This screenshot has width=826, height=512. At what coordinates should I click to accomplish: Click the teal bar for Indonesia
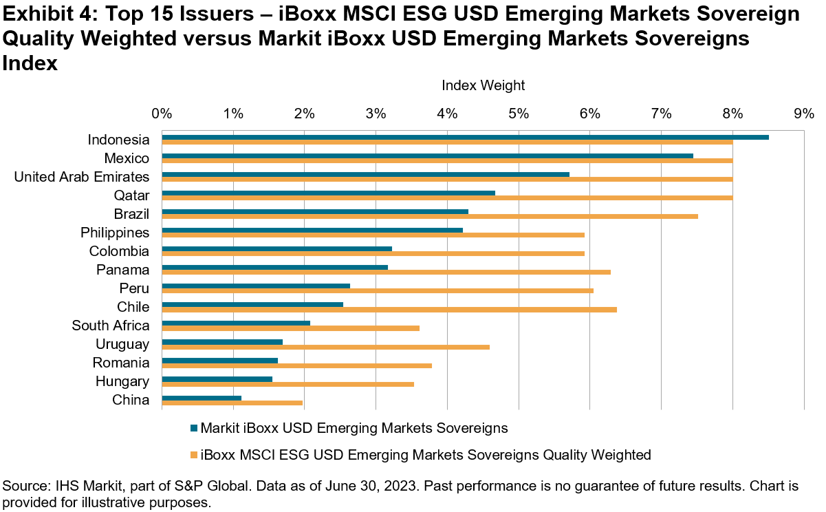tap(465, 138)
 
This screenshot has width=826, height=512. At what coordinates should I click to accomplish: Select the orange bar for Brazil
tap(430, 216)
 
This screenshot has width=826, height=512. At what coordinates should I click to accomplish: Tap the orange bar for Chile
tap(389, 309)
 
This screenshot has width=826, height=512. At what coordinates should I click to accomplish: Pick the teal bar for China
tap(202, 398)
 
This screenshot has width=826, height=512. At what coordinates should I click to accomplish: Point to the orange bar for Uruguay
tap(325, 346)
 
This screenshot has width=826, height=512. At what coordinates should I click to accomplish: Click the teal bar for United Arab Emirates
tap(365, 175)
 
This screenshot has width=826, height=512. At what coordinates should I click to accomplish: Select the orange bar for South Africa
tap(290, 328)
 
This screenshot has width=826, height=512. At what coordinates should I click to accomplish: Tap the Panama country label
tap(123, 270)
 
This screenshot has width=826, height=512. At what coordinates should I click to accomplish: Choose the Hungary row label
tap(122, 381)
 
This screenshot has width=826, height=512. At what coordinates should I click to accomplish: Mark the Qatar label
tap(133, 195)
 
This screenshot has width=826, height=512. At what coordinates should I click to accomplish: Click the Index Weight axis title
tap(483, 86)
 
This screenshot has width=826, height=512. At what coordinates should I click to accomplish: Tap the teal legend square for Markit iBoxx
tap(193, 428)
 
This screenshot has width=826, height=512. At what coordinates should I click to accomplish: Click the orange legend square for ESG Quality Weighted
tap(193, 455)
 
